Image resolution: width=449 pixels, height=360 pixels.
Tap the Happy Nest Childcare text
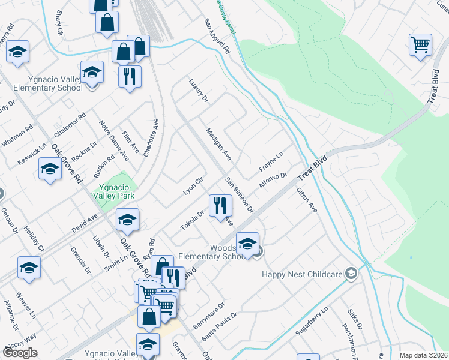click(x=303, y=274)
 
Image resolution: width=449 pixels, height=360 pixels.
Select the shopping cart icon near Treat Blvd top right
click(x=420, y=44)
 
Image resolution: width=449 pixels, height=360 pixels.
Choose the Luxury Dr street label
click(x=198, y=90)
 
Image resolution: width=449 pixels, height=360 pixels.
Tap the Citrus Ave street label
click(x=306, y=200)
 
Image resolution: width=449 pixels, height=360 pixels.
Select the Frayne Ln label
click(x=271, y=160)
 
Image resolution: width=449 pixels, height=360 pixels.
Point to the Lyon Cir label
click(x=194, y=185)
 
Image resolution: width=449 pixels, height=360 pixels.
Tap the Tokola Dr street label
click(x=193, y=221)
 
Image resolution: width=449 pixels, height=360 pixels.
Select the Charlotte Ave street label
click(x=151, y=137)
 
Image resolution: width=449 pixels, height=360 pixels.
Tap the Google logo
click(x=20, y=353)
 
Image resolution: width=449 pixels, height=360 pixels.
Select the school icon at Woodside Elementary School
click(x=247, y=243)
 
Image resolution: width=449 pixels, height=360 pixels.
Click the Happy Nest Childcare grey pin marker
click(x=351, y=274)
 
